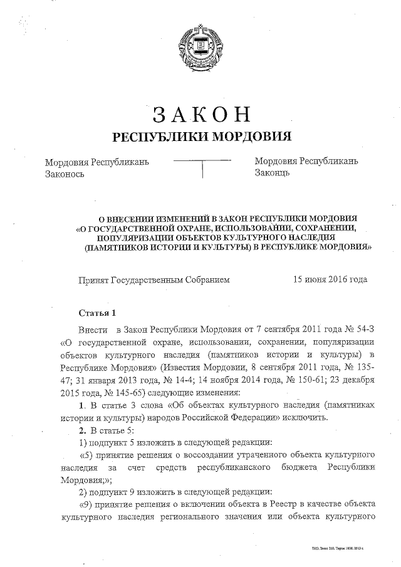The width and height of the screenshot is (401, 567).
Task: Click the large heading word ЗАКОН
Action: pos(201,115)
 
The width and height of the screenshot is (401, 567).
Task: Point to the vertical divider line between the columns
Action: pos(202,169)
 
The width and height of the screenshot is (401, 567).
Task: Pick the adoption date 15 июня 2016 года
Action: pos(330,279)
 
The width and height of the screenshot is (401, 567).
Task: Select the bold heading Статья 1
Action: pos(97,312)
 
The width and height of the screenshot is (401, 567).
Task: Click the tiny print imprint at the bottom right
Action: pos(341,548)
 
